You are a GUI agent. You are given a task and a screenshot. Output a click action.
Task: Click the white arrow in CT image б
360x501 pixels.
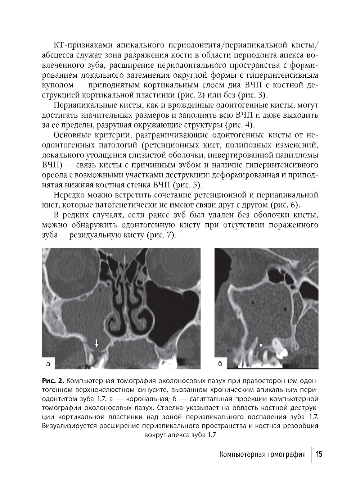[261, 343]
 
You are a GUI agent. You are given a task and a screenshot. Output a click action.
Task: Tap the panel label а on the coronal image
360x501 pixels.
[48, 363]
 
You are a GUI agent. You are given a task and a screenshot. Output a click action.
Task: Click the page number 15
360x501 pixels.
[319, 454]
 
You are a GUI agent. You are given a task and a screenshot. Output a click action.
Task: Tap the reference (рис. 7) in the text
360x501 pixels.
[159, 235]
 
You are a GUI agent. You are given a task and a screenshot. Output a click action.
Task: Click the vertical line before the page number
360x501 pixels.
[311, 454]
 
